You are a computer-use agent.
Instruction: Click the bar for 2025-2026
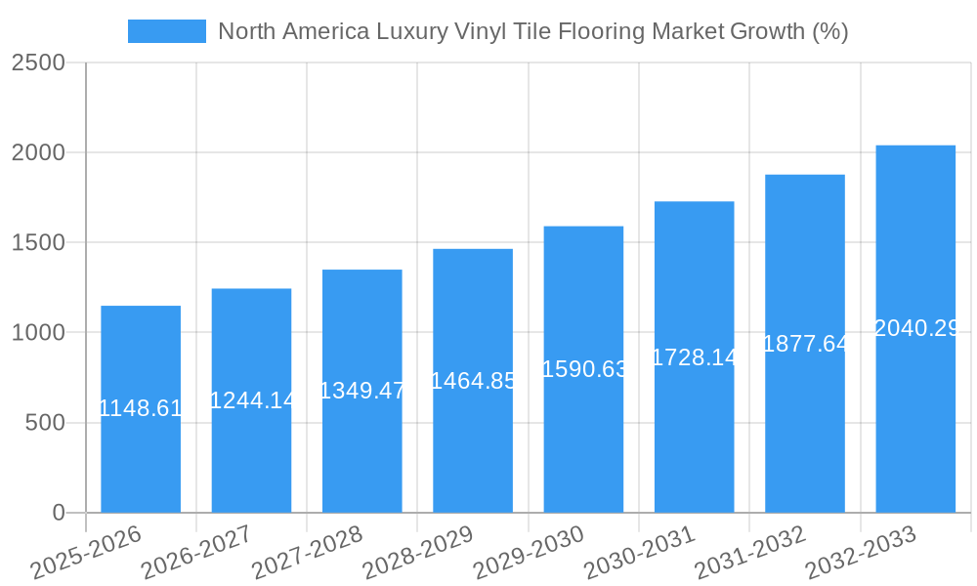point(141,459)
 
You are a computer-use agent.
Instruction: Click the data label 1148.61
point(141,408)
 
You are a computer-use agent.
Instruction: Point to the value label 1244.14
point(252,399)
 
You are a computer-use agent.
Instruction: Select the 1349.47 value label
point(362,391)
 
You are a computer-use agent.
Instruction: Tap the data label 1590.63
point(583,369)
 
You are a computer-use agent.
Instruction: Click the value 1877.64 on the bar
point(805,344)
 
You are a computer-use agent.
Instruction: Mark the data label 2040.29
point(915,328)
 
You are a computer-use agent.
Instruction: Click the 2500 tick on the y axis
point(38,63)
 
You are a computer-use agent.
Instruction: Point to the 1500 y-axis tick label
point(38,243)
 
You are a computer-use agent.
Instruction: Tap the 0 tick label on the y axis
point(58,513)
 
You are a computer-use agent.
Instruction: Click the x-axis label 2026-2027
point(196,552)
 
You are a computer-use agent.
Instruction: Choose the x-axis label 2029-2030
point(529,552)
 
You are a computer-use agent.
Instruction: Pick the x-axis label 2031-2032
point(750,552)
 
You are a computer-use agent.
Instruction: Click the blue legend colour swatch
point(166,31)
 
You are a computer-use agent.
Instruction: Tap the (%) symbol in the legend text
point(829,31)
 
